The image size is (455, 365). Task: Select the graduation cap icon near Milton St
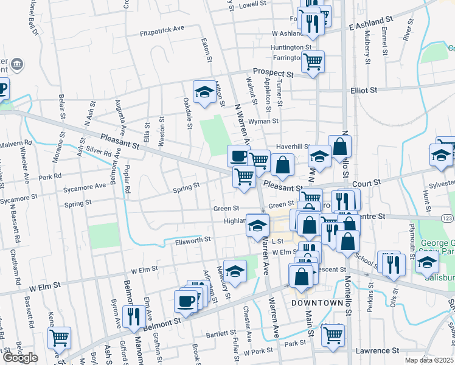(204, 92)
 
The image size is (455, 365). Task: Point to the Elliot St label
(364, 90)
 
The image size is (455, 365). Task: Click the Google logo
(20, 358)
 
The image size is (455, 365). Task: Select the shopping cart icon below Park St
(333, 335)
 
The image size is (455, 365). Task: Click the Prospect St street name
(273, 72)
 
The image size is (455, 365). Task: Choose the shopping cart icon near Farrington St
(313, 61)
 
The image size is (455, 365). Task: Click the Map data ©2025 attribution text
(429, 360)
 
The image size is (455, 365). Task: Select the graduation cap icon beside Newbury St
(235, 271)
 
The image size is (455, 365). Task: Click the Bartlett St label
(220, 333)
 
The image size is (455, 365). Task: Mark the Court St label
(368, 182)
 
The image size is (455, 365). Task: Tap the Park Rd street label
(50, 177)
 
